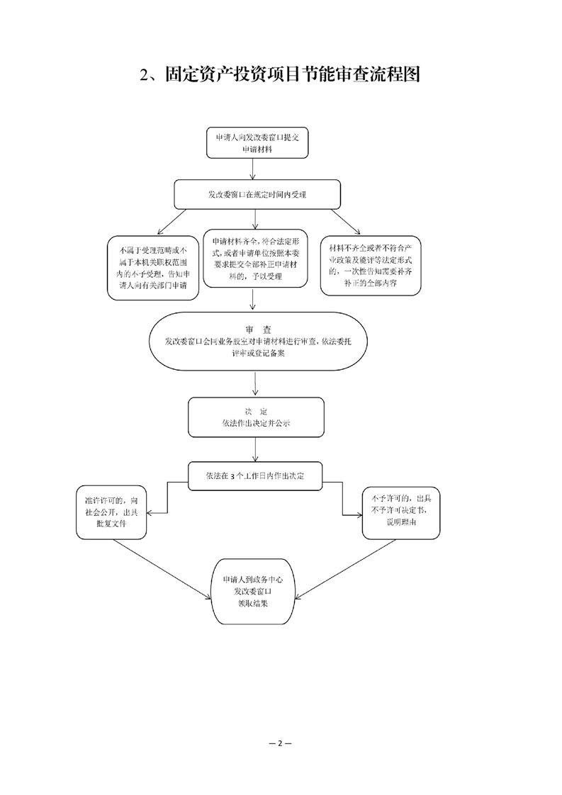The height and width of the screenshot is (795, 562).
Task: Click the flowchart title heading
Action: click(280, 75)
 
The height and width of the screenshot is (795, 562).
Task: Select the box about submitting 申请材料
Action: click(257, 143)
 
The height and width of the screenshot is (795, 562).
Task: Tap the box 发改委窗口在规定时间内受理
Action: click(257, 194)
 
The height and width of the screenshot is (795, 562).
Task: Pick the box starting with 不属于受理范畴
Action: click(152, 268)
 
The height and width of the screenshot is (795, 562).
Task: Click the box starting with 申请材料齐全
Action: click(256, 259)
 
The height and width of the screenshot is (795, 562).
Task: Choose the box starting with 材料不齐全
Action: click(371, 266)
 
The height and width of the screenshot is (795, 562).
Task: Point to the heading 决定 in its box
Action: click(256, 411)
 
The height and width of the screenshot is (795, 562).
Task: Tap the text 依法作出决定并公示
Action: click(256, 423)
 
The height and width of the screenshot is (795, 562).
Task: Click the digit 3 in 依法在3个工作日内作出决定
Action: click(232, 477)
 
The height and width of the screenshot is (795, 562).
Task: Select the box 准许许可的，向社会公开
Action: click(111, 512)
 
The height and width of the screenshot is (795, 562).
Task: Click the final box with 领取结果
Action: click(252, 592)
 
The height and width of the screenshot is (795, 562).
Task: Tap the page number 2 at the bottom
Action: click(280, 743)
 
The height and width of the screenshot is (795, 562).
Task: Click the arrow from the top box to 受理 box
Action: click(253, 169)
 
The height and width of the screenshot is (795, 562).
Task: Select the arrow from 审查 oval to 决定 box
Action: click(255, 384)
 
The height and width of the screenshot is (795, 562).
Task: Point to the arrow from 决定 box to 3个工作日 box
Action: click(255, 449)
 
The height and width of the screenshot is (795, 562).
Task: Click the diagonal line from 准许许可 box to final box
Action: click(162, 569)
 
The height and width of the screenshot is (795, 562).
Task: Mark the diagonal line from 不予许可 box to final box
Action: click(345, 569)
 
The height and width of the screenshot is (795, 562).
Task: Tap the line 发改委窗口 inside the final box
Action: click(252, 591)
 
